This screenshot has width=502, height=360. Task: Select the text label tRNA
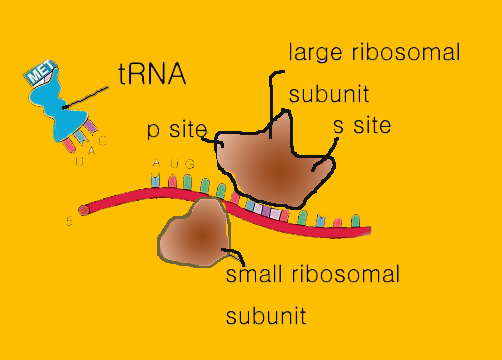click(150, 75)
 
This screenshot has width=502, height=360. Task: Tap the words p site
click(176, 130)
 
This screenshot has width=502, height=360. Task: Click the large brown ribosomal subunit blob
click(275, 160)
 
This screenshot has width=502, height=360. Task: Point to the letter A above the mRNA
click(155, 164)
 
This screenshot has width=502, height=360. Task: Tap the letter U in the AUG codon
click(172, 163)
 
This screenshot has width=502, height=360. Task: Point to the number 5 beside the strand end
click(69, 221)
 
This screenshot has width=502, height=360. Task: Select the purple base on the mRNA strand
click(265, 211)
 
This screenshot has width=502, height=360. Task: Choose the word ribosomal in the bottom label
click(345, 274)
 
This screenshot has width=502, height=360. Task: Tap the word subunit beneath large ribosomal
click(328, 96)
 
